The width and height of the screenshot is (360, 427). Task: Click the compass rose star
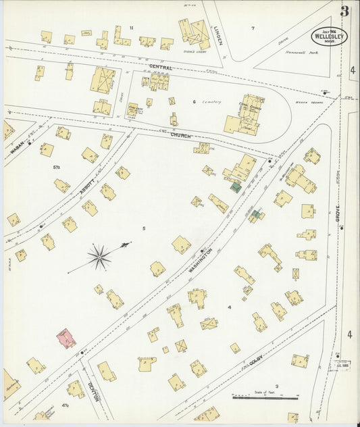(x=99, y=255)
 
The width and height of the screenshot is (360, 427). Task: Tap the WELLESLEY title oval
(x=330, y=36)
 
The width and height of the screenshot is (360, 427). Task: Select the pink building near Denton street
(x=66, y=338)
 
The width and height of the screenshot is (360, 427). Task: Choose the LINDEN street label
(x=217, y=34)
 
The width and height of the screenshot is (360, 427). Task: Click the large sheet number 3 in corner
(x=344, y=11)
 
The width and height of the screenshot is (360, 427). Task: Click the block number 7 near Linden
(x=253, y=28)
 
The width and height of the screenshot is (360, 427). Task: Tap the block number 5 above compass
(x=143, y=228)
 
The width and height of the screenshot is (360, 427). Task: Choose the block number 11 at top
(x=132, y=27)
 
